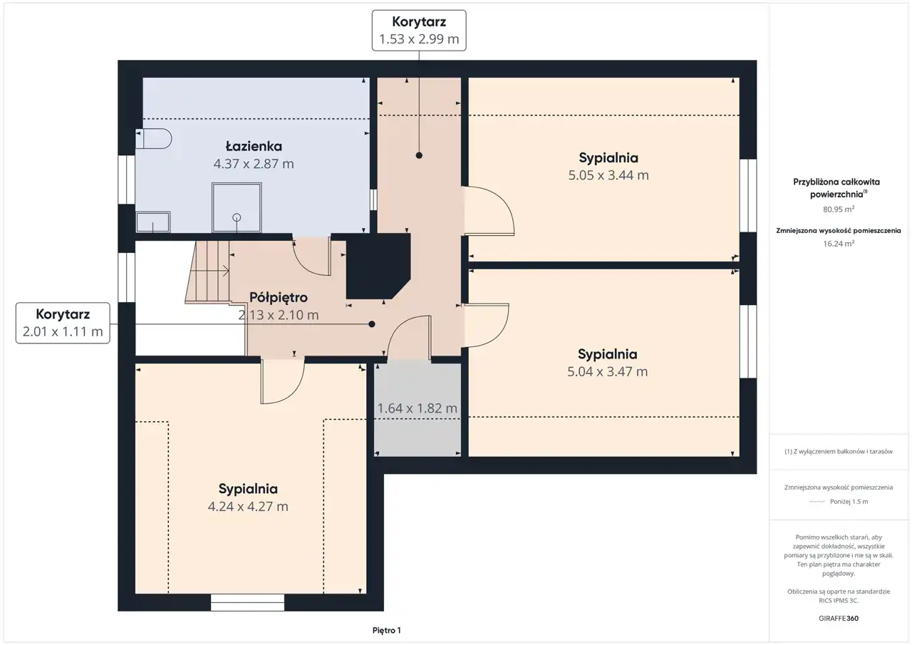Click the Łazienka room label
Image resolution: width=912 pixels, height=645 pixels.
pyautogui.click(x=254, y=146)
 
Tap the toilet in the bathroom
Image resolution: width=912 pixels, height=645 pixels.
pyautogui.click(x=154, y=138)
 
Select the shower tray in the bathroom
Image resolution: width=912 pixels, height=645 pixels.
pyautogui.click(x=237, y=207)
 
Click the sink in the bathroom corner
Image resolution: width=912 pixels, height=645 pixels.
pyautogui.click(x=152, y=222)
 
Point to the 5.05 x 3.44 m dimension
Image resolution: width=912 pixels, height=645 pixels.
pyautogui.click(x=608, y=175)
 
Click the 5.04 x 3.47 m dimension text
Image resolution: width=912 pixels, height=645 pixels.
pyautogui.click(x=608, y=371)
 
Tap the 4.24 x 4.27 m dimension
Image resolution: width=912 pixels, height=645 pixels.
pyautogui.click(x=248, y=506)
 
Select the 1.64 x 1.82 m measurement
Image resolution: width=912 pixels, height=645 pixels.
pyautogui.click(x=418, y=408)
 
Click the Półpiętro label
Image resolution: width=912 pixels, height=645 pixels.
pyautogui.click(x=279, y=298)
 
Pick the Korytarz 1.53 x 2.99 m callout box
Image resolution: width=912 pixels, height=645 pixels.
pyautogui.click(x=419, y=31)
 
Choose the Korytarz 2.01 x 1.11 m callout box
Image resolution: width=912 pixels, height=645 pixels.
pyautogui.click(x=63, y=323)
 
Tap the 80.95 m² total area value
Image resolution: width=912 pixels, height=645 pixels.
pyautogui.click(x=839, y=210)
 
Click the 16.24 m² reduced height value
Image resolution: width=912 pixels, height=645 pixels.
pyautogui.click(x=839, y=244)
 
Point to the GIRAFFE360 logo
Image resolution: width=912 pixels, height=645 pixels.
pyautogui.click(x=839, y=618)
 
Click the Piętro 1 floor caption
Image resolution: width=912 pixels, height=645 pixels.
pyautogui.click(x=386, y=630)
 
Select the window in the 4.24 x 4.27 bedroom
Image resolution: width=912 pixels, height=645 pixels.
pyautogui.click(x=247, y=603)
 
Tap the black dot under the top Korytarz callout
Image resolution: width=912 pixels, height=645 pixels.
pyautogui.click(x=419, y=155)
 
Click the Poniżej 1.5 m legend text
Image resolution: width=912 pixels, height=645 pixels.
pyautogui.click(x=849, y=502)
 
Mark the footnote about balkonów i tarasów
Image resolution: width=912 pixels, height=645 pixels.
pyautogui.click(x=839, y=451)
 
